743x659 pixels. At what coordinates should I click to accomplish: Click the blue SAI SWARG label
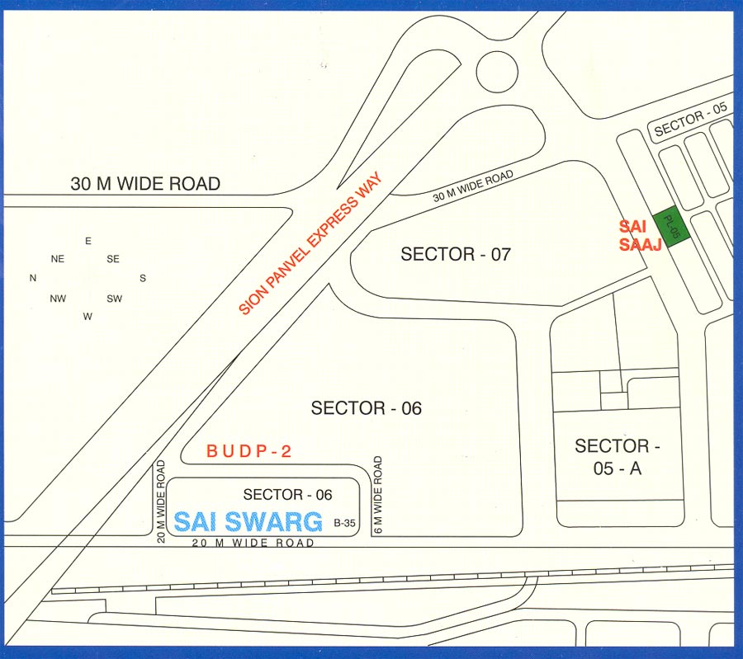[247, 521]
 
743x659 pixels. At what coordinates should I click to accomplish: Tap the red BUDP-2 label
[249, 451]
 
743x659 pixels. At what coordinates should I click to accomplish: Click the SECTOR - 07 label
[455, 254]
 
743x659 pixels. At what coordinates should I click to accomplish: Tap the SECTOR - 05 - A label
[618, 458]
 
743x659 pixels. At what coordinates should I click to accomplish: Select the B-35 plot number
[344, 523]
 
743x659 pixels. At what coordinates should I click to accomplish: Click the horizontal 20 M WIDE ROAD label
[253, 544]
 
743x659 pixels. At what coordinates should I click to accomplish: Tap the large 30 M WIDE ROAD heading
[145, 184]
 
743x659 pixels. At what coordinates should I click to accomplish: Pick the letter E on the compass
[88, 241]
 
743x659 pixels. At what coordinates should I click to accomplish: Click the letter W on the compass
[88, 316]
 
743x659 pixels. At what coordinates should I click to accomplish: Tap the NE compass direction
[58, 259]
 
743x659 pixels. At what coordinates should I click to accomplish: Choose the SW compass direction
[114, 299]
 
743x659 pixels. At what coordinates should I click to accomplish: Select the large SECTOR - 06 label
[366, 407]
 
